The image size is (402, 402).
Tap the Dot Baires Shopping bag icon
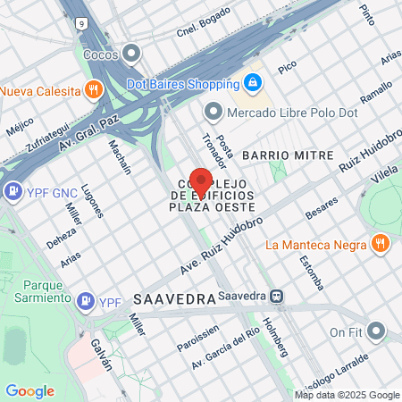pyautogui.click(x=254, y=83)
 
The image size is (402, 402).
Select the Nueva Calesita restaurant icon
pyautogui.click(x=93, y=89)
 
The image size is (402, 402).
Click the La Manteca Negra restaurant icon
pyautogui.click(x=381, y=244)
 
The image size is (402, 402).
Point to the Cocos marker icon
pyautogui.click(x=133, y=54)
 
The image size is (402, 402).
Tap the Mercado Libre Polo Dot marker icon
pyautogui.click(x=213, y=112)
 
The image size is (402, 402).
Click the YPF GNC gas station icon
pyautogui.click(x=13, y=190)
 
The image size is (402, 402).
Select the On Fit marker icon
pyautogui.click(x=377, y=332)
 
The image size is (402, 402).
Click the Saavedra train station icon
pyautogui.click(x=278, y=297)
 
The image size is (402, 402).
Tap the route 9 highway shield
pyautogui.click(x=81, y=22)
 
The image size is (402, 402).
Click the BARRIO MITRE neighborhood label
pyautogui.click(x=288, y=155)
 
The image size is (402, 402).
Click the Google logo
pyautogui.click(x=29, y=391)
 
